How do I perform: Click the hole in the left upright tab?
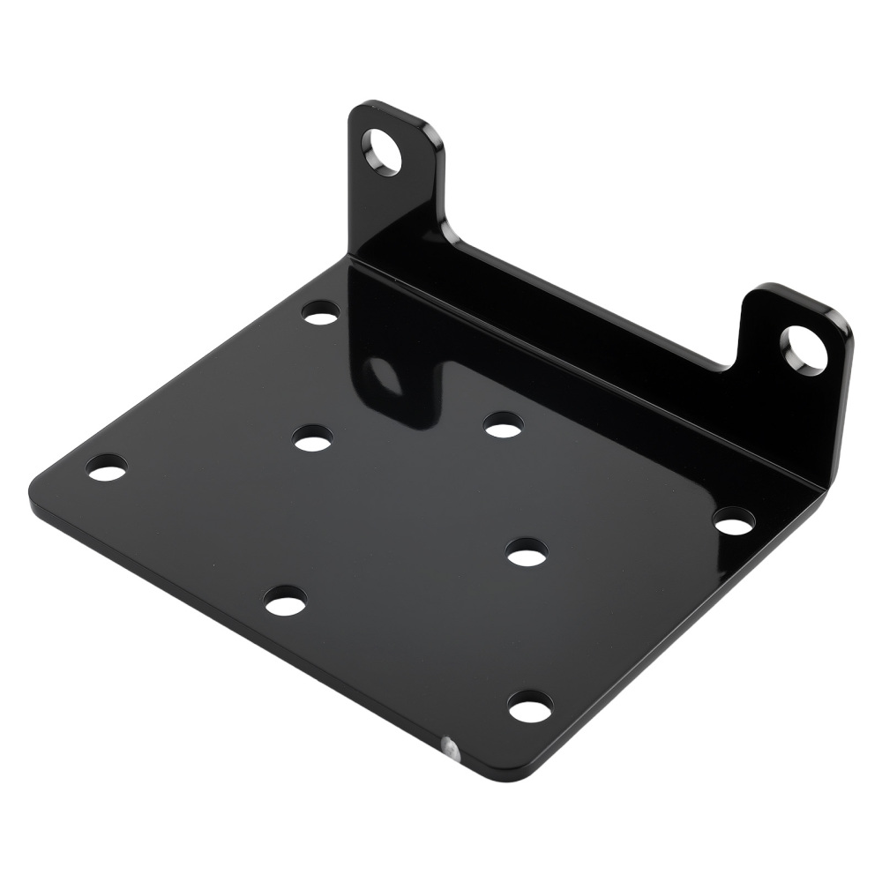pyautogui.click(x=384, y=150)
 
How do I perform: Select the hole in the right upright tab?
pyautogui.click(x=804, y=348)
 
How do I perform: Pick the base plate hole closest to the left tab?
pyautogui.click(x=320, y=312)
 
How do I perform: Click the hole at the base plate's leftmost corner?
pyautogui.click(x=108, y=467)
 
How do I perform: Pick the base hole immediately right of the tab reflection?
pyautogui.click(x=503, y=425)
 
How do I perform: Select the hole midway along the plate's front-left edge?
pyautogui.click(x=285, y=602)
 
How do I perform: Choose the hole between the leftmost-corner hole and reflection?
pyautogui.click(x=314, y=437)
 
